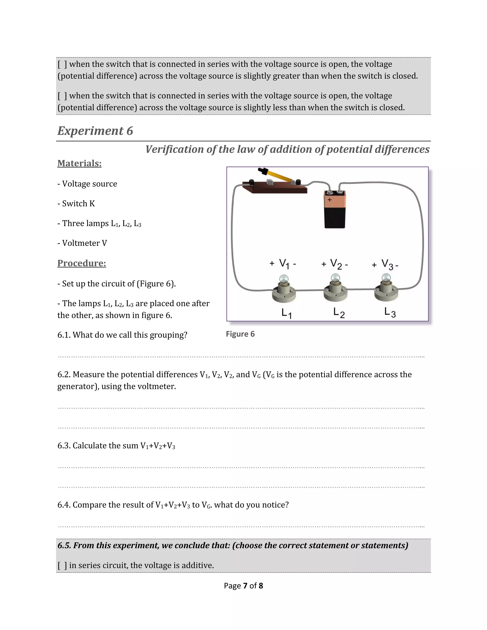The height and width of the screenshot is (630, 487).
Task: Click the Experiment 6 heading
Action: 95,131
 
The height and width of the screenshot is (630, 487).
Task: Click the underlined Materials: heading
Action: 79,163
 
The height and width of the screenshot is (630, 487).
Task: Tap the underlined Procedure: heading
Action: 82,263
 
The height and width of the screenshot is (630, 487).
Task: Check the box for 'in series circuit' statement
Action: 62,565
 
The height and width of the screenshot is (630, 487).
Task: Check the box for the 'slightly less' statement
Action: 62,96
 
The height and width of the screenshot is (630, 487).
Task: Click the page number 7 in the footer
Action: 245,586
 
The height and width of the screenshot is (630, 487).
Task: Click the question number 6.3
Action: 64,446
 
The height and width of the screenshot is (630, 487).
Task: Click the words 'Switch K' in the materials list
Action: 78,204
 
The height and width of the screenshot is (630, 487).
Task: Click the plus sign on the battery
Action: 330,200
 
